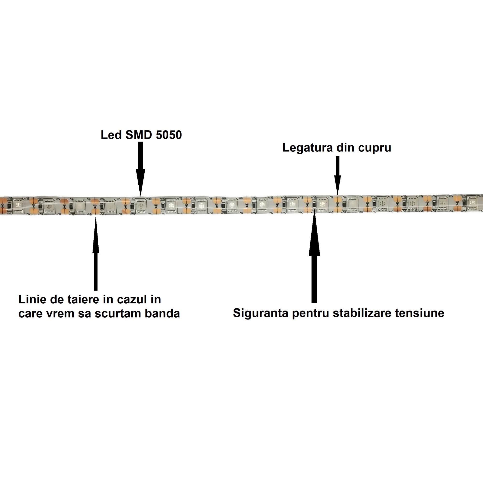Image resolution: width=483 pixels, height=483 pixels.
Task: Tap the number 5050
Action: click(x=169, y=135)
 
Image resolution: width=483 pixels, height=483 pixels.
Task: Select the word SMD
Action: click(x=139, y=135)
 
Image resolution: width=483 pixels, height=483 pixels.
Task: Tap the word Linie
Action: click(x=32, y=299)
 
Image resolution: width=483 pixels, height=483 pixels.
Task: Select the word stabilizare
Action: click(x=361, y=313)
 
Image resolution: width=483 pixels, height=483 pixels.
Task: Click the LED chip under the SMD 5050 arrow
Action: click(x=141, y=206)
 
